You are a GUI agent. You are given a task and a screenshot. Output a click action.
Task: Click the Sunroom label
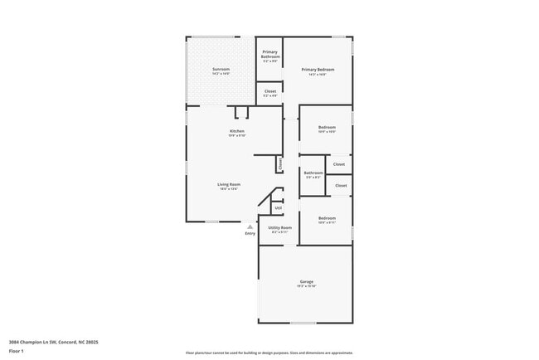click(221, 69)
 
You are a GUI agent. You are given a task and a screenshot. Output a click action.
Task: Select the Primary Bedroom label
click(318, 70)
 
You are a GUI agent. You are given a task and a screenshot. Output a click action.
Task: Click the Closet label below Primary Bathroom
click(270, 91)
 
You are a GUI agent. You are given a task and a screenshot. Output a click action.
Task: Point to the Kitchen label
click(237, 131)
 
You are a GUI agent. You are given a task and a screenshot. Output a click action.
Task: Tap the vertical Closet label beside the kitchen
click(279, 164)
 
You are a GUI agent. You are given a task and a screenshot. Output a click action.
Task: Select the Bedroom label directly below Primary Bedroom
click(327, 127)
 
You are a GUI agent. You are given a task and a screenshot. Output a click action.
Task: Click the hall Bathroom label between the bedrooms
click(313, 173)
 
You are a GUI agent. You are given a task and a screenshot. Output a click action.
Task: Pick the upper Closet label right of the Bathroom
click(340, 164)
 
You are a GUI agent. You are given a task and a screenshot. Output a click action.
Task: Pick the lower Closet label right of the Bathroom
click(341, 185)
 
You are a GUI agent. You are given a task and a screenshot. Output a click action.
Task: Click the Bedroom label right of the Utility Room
click(327, 218)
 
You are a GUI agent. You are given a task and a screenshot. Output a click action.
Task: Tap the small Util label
click(266, 207)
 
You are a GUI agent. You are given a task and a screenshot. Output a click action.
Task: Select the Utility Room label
click(279, 227)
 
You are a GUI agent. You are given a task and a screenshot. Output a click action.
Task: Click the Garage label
click(306, 282)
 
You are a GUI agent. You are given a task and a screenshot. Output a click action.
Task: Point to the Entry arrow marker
click(250, 226)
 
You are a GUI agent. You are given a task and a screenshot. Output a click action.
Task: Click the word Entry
click(250, 233)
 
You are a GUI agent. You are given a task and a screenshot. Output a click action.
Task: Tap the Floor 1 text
click(17, 351)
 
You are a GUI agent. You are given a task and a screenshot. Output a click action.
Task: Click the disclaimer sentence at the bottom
click(269, 353)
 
